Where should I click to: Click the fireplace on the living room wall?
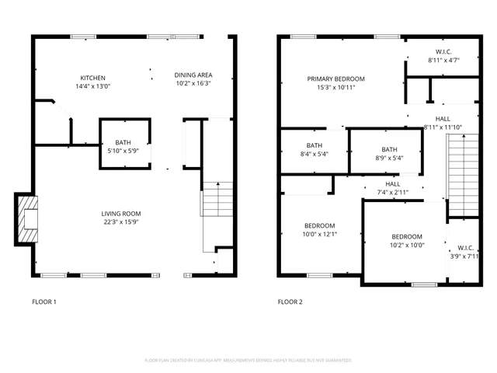pos(26,216)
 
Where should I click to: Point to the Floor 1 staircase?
pos(217,199)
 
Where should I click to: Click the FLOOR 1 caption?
pos(43,302)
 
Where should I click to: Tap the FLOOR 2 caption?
pos(290,302)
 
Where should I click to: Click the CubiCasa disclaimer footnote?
pos(248,361)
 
